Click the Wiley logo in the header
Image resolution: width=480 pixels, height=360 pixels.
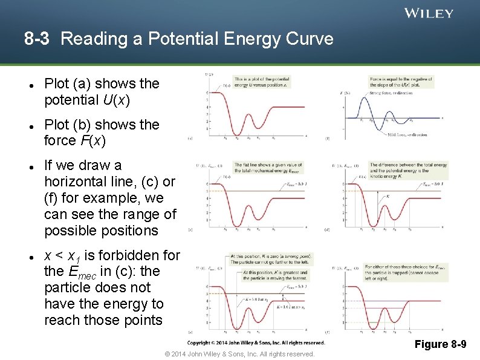pyautogui.click(x=429, y=13)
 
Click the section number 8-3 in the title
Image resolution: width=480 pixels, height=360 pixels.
pyautogui.click(x=37, y=39)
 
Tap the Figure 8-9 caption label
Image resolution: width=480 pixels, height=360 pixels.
pyautogui.click(x=440, y=344)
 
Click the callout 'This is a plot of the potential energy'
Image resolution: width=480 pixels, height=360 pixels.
pyautogui.click(x=261, y=82)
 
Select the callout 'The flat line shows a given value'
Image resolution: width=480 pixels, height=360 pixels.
pyautogui.click(x=268, y=168)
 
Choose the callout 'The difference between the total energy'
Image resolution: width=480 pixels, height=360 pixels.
pyautogui.click(x=407, y=171)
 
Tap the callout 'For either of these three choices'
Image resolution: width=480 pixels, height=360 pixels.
pyautogui.click(x=406, y=270)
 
